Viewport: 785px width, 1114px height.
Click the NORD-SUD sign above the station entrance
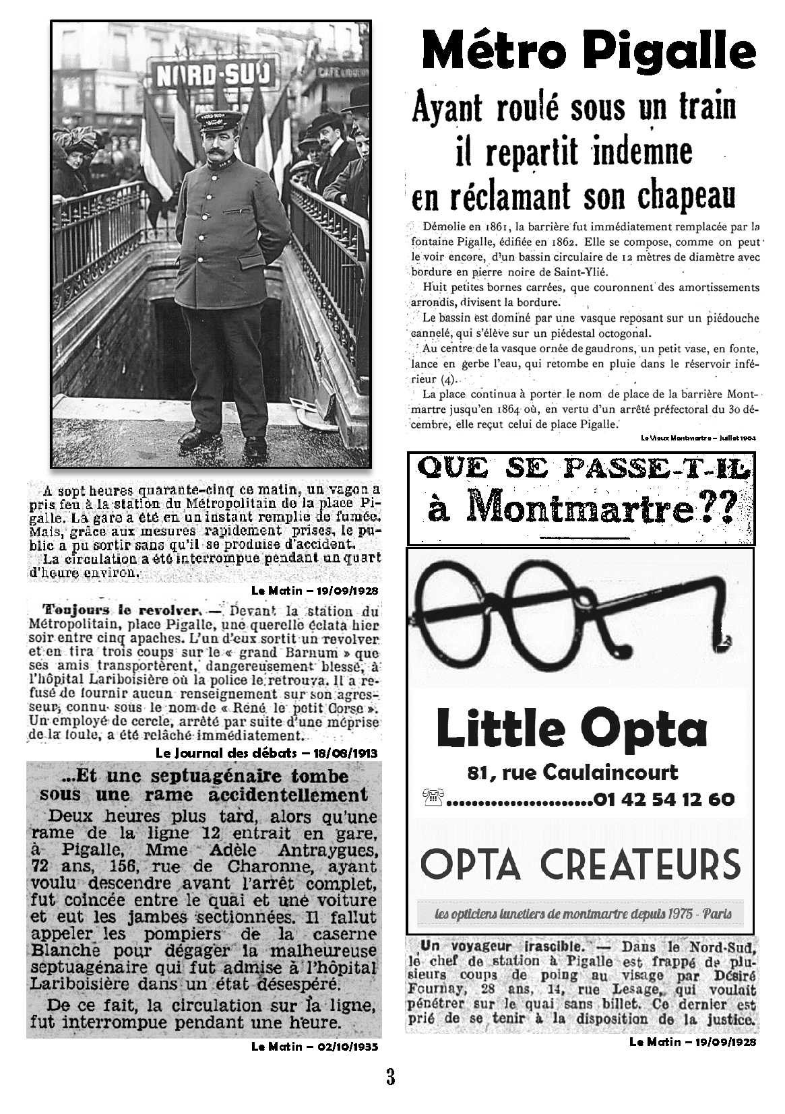(x=214, y=75)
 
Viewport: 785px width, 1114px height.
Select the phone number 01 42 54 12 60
(x=664, y=799)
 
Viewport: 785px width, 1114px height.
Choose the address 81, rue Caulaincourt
(x=573, y=772)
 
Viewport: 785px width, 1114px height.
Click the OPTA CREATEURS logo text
(x=579, y=864)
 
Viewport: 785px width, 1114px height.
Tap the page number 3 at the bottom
(x=391, y=1076)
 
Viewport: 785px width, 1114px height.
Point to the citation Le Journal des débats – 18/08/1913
(x=266, y=752)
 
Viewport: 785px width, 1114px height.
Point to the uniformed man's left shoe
(x=255, y=445)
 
